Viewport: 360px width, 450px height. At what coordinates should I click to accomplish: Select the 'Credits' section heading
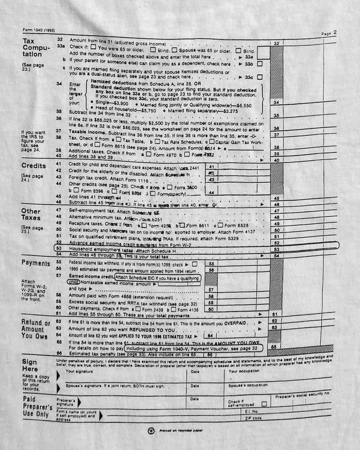33,166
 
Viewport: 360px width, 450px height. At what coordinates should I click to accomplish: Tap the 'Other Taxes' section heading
31,214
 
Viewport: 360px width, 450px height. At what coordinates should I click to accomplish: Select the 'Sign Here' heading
29,365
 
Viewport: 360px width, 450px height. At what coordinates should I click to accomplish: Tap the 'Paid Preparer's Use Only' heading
37,407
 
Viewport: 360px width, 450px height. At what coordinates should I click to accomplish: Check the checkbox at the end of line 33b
260,63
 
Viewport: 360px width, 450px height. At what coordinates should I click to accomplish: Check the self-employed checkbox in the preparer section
264,403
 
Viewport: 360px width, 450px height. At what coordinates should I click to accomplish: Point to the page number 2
335,32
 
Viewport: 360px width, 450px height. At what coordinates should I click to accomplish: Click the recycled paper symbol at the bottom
151,431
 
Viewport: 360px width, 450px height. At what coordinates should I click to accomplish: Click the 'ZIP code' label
254,418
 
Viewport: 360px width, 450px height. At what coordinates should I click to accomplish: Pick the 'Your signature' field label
79,371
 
